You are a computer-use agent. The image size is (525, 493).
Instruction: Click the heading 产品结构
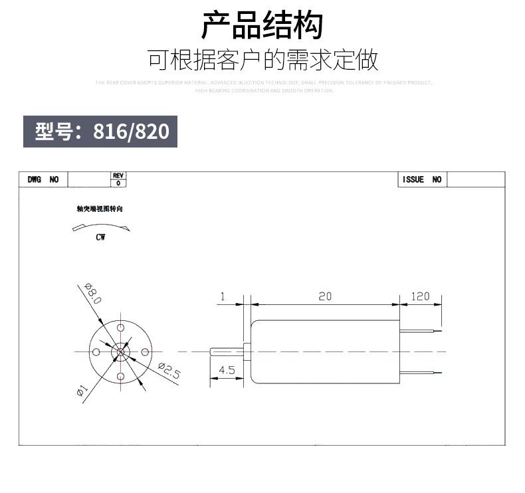[262, 25]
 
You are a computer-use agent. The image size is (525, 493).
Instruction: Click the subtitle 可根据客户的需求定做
[262, 60]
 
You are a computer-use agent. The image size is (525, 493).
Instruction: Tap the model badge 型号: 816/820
[101, 132]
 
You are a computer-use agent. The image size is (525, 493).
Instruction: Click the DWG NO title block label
[43, 179]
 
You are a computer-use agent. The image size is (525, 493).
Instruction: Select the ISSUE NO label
[422, 179]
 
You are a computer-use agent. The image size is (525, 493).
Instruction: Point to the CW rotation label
[100, 238]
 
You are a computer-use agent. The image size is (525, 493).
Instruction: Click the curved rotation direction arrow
[101, 227]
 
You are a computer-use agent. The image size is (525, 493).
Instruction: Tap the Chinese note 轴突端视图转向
[100, 209]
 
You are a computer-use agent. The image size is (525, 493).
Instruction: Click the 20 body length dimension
[325, 296]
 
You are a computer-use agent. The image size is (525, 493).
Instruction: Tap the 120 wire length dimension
[421, 296]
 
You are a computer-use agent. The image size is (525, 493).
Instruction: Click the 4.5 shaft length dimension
[227, 370]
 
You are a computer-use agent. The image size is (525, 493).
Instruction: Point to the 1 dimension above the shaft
[223, 296]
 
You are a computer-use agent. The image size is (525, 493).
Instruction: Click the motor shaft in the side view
[227, 351]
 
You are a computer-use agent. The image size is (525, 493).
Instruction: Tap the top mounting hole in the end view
[121, 328]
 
